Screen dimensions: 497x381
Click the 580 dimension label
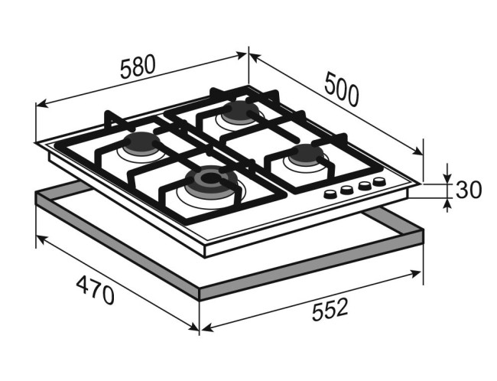[x=138, y=67]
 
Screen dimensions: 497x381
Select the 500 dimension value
[x=342, y=89]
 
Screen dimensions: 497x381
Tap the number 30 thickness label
[x=469, y=190]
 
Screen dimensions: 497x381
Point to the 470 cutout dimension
[x=95, y=290]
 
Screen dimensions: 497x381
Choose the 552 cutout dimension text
[x=330, y=309]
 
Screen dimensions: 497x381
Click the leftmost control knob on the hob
[x=330, y=194]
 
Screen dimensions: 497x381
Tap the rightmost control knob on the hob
[x=379, y=181]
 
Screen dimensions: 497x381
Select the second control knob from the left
[x=347, y=190]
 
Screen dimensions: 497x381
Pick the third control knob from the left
[x=365, y=185]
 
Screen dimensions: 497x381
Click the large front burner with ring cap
[x=210, y=181]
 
